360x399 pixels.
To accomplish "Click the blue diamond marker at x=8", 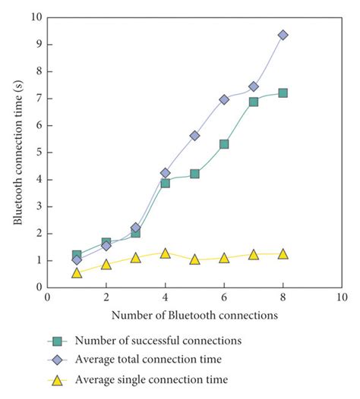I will coord(283,35).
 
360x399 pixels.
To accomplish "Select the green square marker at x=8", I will coord(283,93).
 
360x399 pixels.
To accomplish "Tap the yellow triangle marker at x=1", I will coord(77,272).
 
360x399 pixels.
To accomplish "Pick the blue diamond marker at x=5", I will coord(194,135).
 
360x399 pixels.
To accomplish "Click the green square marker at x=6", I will coord(224,144).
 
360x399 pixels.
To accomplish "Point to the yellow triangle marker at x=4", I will coord(165,253).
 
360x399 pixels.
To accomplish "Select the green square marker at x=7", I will coord(254,102).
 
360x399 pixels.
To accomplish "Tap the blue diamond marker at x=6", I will coord(224,99).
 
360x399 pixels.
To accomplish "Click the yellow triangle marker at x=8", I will coord(283,253).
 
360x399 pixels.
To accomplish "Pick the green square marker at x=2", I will coord(106,243).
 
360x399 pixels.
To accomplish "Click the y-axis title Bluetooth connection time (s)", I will coord(17,152).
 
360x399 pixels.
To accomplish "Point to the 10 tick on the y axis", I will coord(36,17).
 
